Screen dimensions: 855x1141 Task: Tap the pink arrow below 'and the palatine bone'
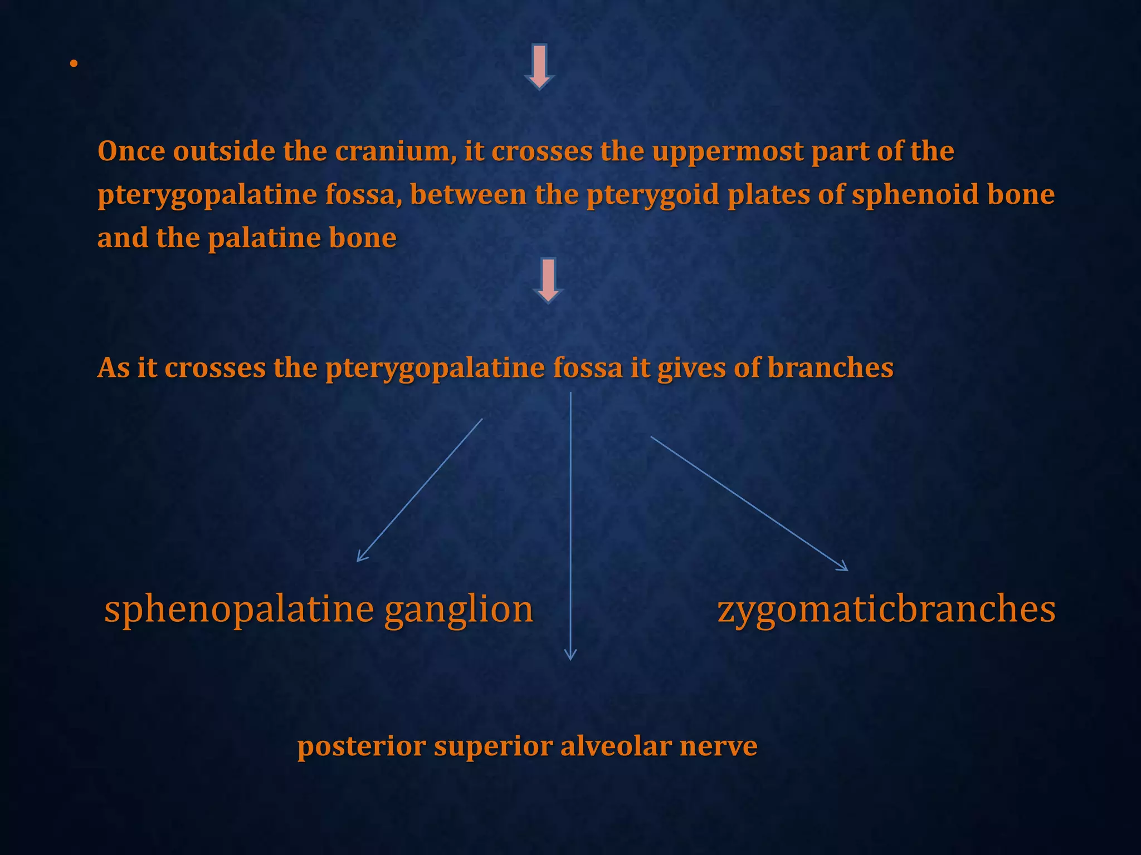pos(548,281)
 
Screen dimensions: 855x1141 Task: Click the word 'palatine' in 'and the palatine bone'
pos(264,239)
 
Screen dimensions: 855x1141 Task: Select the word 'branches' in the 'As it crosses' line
pos(830,367)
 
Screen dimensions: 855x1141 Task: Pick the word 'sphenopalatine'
pos(239,610)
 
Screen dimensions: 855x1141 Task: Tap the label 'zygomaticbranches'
pos(886,610)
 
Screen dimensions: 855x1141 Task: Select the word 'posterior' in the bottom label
pos(362,747)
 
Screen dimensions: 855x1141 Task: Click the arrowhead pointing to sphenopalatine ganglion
pos(359,558)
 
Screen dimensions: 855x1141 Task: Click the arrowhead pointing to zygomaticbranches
pos(844,568)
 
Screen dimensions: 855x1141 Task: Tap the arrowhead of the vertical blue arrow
pos(570,656)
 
